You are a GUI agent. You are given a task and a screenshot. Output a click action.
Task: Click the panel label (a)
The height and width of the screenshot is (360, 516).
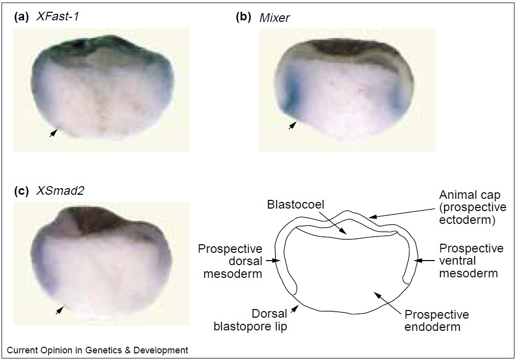click(x=22, y=16)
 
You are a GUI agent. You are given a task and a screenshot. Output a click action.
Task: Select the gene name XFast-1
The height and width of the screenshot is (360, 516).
click(x=57, y=16)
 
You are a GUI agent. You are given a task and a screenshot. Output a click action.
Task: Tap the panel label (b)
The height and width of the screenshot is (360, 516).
click(x=243, y=17)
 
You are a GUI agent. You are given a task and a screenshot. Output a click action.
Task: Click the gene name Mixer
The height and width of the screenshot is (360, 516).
click(x=275, y=17)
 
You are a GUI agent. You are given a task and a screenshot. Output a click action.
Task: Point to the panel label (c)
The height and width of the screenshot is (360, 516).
click(x=22, y=191)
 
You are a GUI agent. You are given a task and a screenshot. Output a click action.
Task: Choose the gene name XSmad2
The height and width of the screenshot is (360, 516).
click(x=60, y=191)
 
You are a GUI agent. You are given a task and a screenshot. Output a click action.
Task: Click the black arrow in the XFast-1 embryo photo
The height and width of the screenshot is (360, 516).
click(x=53, y=133)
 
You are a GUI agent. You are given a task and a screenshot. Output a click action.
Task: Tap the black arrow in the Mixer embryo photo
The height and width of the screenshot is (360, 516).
click(x=292, y=125)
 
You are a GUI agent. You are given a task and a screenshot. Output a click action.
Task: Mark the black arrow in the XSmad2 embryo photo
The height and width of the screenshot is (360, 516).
click(x=59, y=310)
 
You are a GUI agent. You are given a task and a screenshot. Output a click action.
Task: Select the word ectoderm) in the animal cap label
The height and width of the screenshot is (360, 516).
click(x=467, y=220)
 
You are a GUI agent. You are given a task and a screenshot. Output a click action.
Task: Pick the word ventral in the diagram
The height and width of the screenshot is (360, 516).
click(x=457, y=261)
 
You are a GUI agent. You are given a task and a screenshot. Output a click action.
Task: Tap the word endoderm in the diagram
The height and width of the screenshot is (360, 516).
click(x=432, y=327)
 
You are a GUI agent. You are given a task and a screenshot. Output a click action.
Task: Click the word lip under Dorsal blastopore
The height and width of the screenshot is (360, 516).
click(x=280, y=326)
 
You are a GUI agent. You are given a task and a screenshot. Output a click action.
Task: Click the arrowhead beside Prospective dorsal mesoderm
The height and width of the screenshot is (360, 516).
click(x=277, y=261)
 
